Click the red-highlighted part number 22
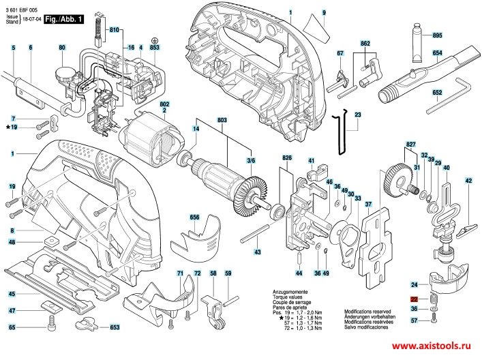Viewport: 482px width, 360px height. click(x=414, y=299)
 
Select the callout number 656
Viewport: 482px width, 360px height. click(x=194, y=217)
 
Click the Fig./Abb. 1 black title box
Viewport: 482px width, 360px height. click(x=63, y=21)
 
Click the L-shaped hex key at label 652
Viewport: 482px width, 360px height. click(x=450, y=97)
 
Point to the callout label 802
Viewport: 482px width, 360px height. click(x=164, y=104)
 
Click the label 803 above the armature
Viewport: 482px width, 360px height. click(x=222, y=121)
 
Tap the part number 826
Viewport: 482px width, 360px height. click(x=288, y=158)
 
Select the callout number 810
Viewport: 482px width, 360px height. click(x=113, y=31)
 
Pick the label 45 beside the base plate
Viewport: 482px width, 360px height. click(x=12, y=294)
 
